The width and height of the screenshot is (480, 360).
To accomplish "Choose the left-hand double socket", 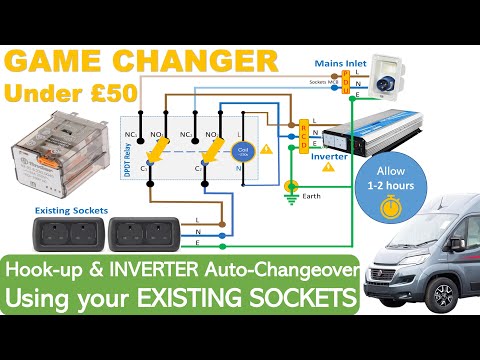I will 68,236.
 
